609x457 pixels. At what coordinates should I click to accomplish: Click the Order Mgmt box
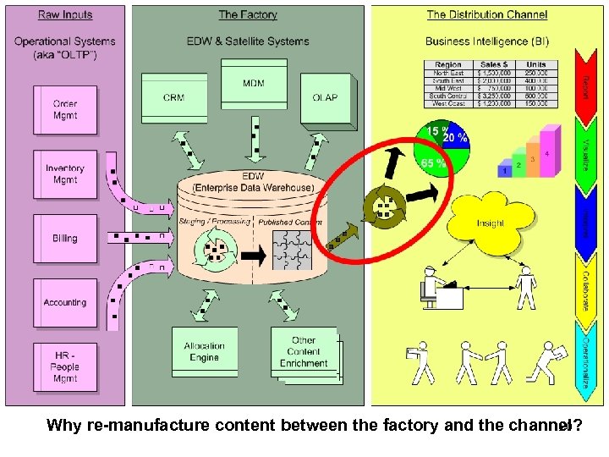click(x=65, y=110)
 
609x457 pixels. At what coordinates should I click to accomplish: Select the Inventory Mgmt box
click(x=65, y=174)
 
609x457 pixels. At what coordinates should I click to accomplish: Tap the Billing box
click(x=65, y=239)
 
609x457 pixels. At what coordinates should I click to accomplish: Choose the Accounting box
click(x=65, y=302)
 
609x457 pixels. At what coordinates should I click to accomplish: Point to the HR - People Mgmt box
click(x=65, y=367)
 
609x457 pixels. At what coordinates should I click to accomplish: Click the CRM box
click(x=174, y=97)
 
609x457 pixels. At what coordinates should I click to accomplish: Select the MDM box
click(x=253, y=84)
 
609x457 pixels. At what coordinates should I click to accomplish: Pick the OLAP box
click(x=325, y=97)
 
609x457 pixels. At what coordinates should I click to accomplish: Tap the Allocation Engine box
click(x=204, y=351)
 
